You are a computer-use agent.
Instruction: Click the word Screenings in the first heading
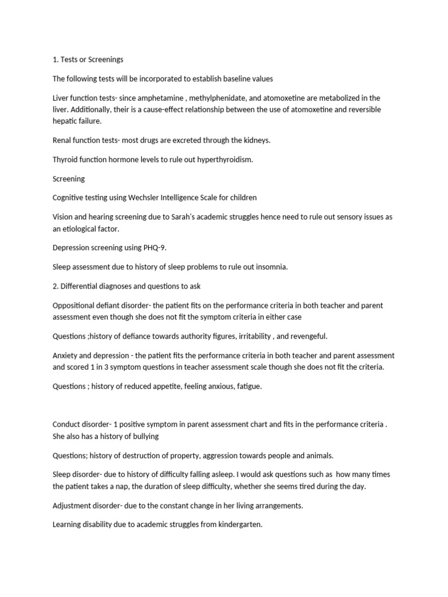pyautogui.click(x=104, y=60)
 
